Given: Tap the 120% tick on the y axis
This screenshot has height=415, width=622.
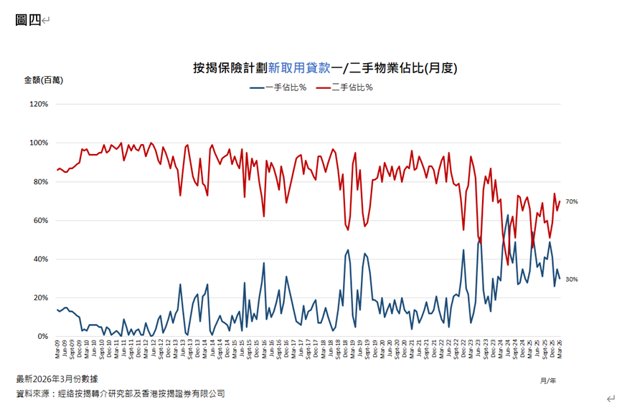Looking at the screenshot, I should [39, 104].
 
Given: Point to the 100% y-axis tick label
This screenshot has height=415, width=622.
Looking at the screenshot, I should [39, 143].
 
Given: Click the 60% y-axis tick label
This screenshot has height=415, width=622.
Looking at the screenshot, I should [40, 220].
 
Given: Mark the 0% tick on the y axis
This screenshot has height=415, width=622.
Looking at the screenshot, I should [42, 336].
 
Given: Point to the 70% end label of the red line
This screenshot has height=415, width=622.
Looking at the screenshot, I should [571, 202].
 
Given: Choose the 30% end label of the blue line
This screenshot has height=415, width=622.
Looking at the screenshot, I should [571, 280].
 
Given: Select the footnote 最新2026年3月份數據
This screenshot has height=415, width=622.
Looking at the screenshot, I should [57, 378].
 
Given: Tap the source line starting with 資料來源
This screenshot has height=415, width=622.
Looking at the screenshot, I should [120, 393].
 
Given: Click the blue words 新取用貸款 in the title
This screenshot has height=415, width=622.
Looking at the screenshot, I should [298, 68].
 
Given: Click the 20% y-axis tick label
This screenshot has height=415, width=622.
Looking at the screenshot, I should [40, 297].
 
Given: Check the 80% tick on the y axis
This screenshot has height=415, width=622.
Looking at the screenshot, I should [40, 181].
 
